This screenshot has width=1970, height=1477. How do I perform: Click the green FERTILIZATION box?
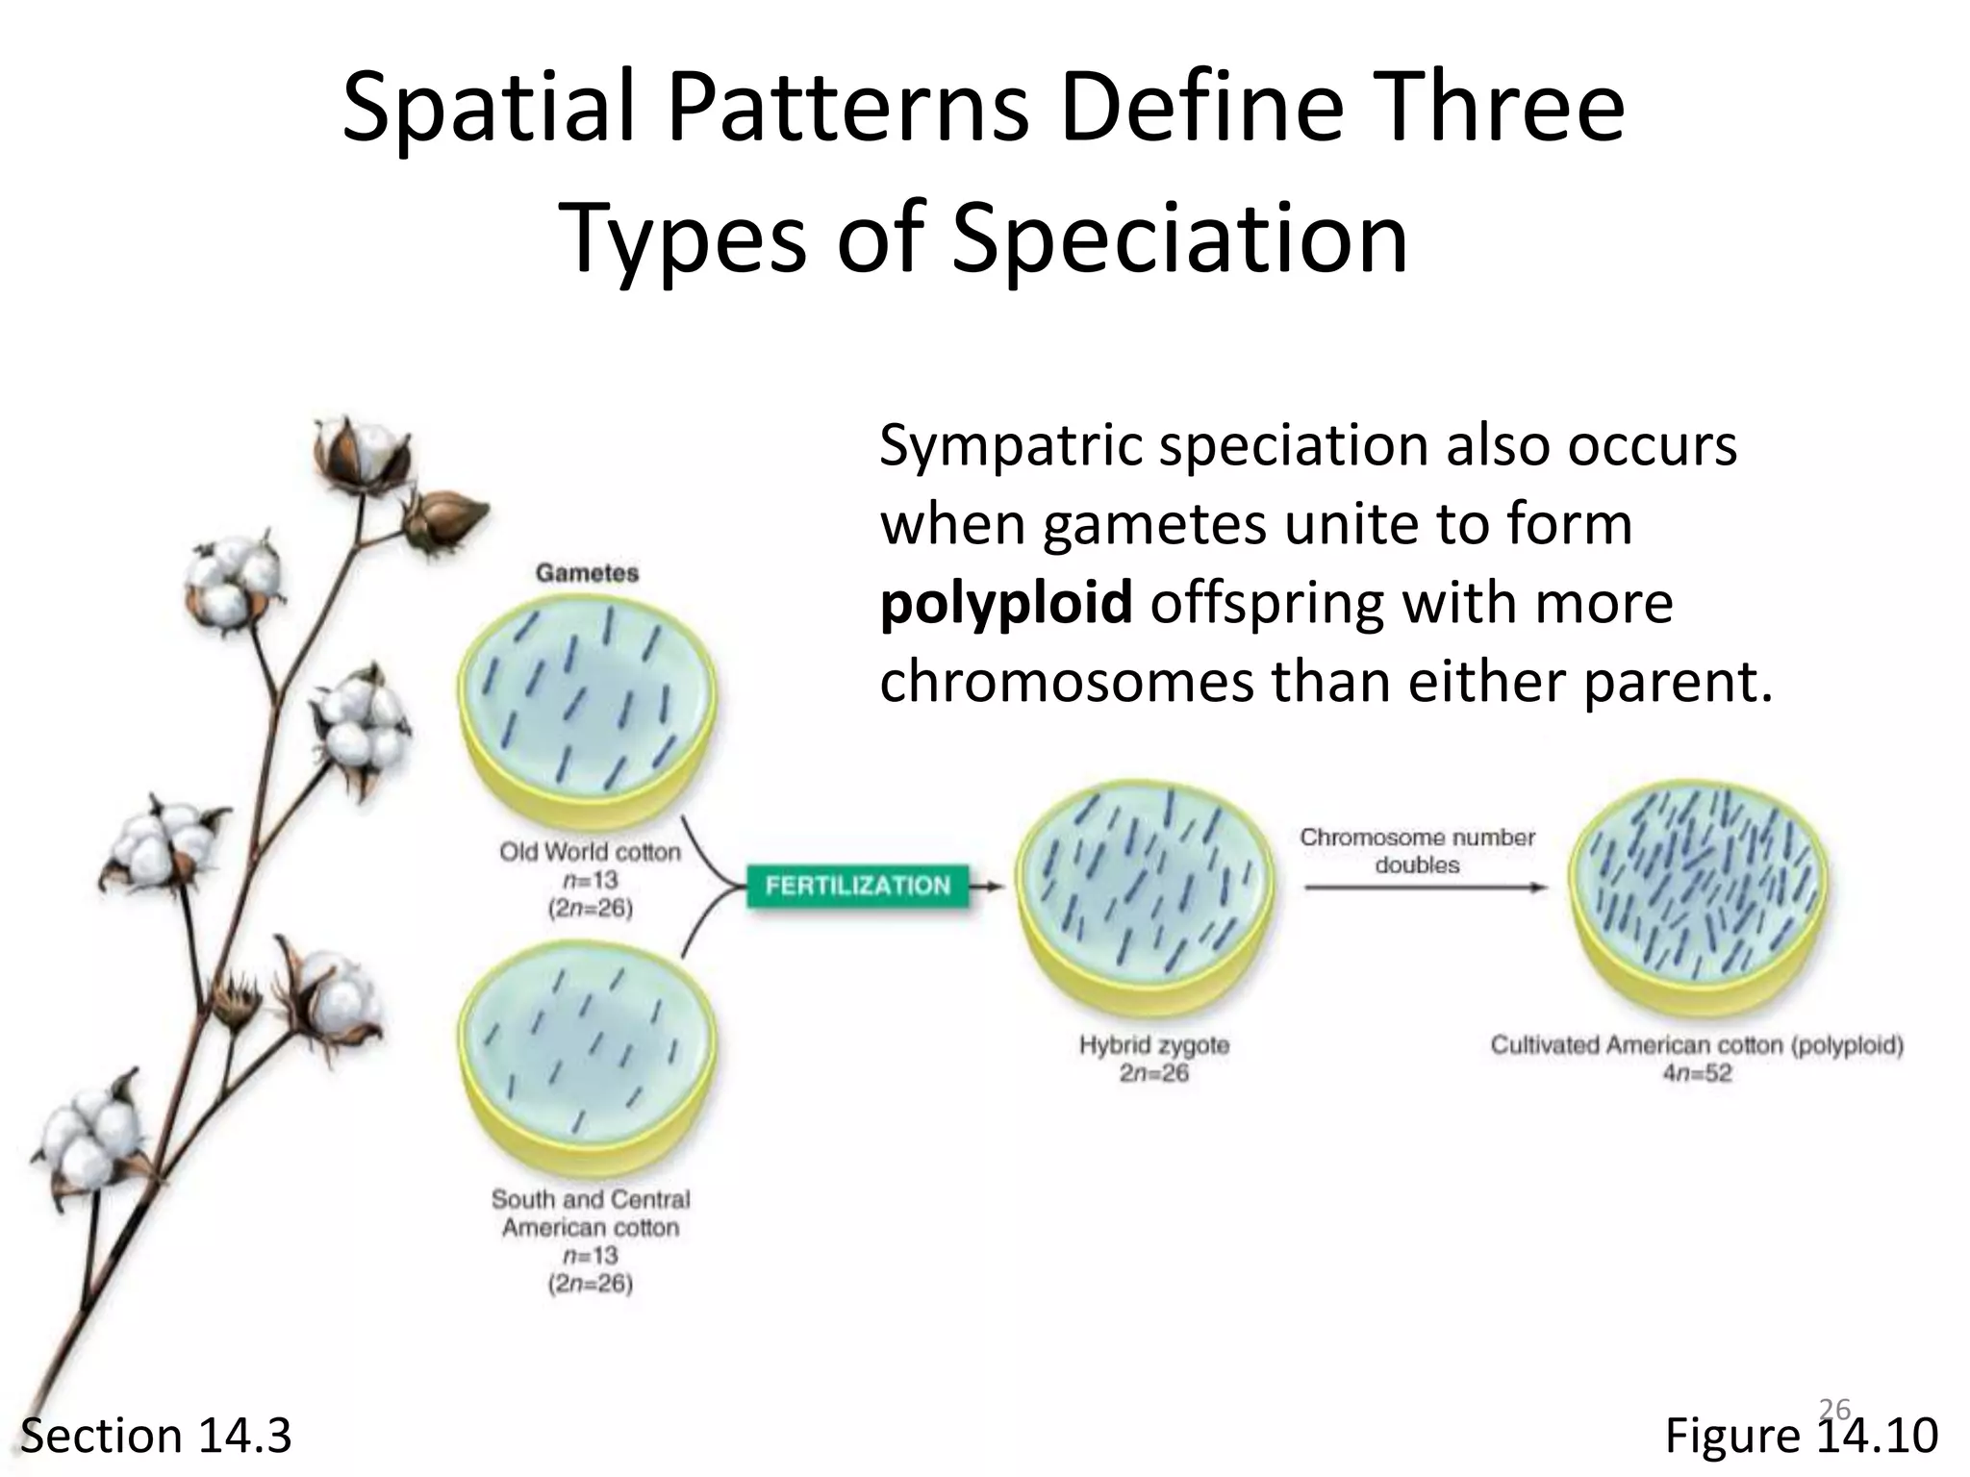click(857, 886)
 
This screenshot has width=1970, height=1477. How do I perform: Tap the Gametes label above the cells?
click(587, 573)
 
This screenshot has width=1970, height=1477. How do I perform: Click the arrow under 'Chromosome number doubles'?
click(1424, 888)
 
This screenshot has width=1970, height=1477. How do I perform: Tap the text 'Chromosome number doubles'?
click(1417, 851)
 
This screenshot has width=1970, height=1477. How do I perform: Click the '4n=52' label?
click(1697, 1073)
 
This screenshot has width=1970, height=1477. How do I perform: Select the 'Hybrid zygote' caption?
click(1153, 1044)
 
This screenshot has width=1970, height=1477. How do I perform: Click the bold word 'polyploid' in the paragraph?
click(1005, 603)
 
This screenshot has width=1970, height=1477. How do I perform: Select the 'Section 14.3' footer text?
click(156, 1436)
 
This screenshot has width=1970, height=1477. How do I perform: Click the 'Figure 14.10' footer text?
click(1801, 1436)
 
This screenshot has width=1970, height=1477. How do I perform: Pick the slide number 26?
click(1834, 1410)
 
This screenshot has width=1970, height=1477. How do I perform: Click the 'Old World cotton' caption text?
click(590, 852)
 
